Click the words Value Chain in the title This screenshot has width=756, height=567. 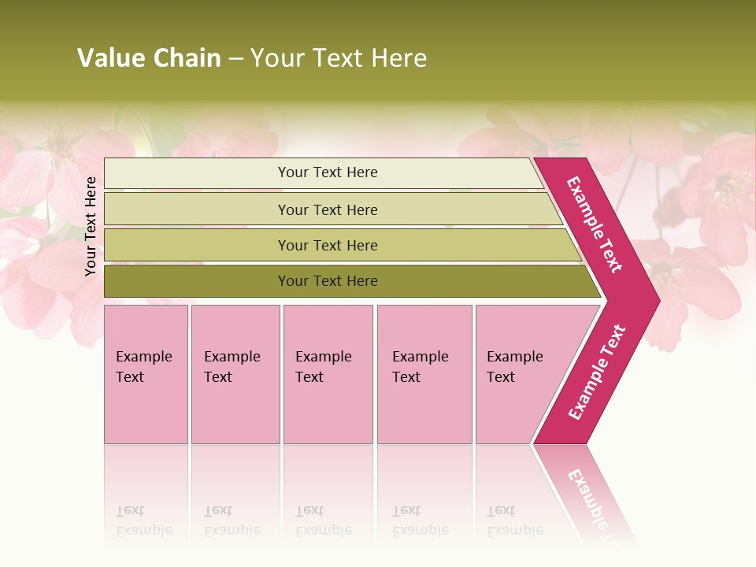[149, 58]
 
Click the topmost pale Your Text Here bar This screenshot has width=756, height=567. [327, 172]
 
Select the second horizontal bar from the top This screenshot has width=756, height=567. [327, 209]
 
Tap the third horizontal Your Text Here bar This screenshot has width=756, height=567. [327, 245]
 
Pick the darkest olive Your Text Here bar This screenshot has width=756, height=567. [327, 281]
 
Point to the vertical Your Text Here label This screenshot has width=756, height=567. [91, 226]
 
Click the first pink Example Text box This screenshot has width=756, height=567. [146, 374]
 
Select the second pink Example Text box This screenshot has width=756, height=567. [235, 374]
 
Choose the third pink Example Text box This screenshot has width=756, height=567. [328, 374]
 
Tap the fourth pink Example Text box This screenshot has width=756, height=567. [424, 374]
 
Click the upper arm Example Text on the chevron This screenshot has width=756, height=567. [595, 224]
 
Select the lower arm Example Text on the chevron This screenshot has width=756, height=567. [597, 372]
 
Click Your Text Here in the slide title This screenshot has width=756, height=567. [339, 58]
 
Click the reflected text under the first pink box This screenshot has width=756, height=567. [143, 521]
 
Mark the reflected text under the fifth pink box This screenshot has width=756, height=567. [514, 521]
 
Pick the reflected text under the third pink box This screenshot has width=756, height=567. [323, 521]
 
